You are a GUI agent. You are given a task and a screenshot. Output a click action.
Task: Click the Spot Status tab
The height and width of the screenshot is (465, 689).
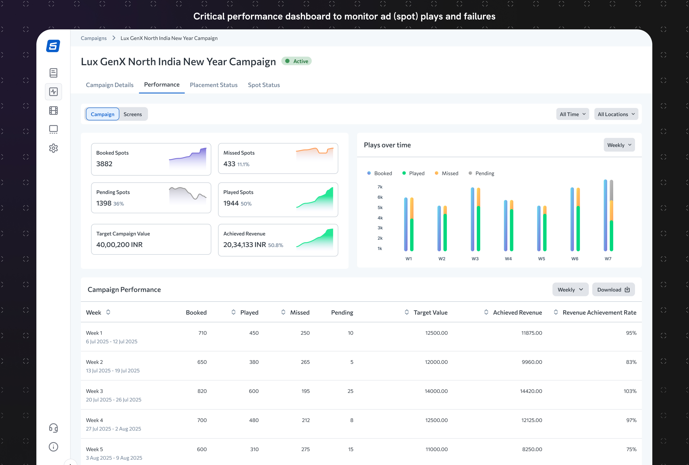[264, 85]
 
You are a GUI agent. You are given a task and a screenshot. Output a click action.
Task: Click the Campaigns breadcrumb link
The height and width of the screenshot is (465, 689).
[94, 38]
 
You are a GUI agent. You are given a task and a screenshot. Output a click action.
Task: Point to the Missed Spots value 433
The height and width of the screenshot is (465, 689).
[229, 164]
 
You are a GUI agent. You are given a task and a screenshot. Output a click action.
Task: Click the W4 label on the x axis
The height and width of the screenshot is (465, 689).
[508, 259]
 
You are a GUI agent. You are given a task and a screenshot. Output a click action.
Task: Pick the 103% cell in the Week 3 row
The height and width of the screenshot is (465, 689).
[630, 391]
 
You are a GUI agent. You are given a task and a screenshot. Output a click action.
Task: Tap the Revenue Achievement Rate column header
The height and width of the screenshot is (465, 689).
[599, 313]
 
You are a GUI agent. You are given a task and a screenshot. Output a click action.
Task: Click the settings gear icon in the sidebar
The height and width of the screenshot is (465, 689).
[53, 148]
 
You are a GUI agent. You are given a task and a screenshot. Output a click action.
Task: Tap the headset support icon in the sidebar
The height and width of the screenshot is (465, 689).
[53, 428]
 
